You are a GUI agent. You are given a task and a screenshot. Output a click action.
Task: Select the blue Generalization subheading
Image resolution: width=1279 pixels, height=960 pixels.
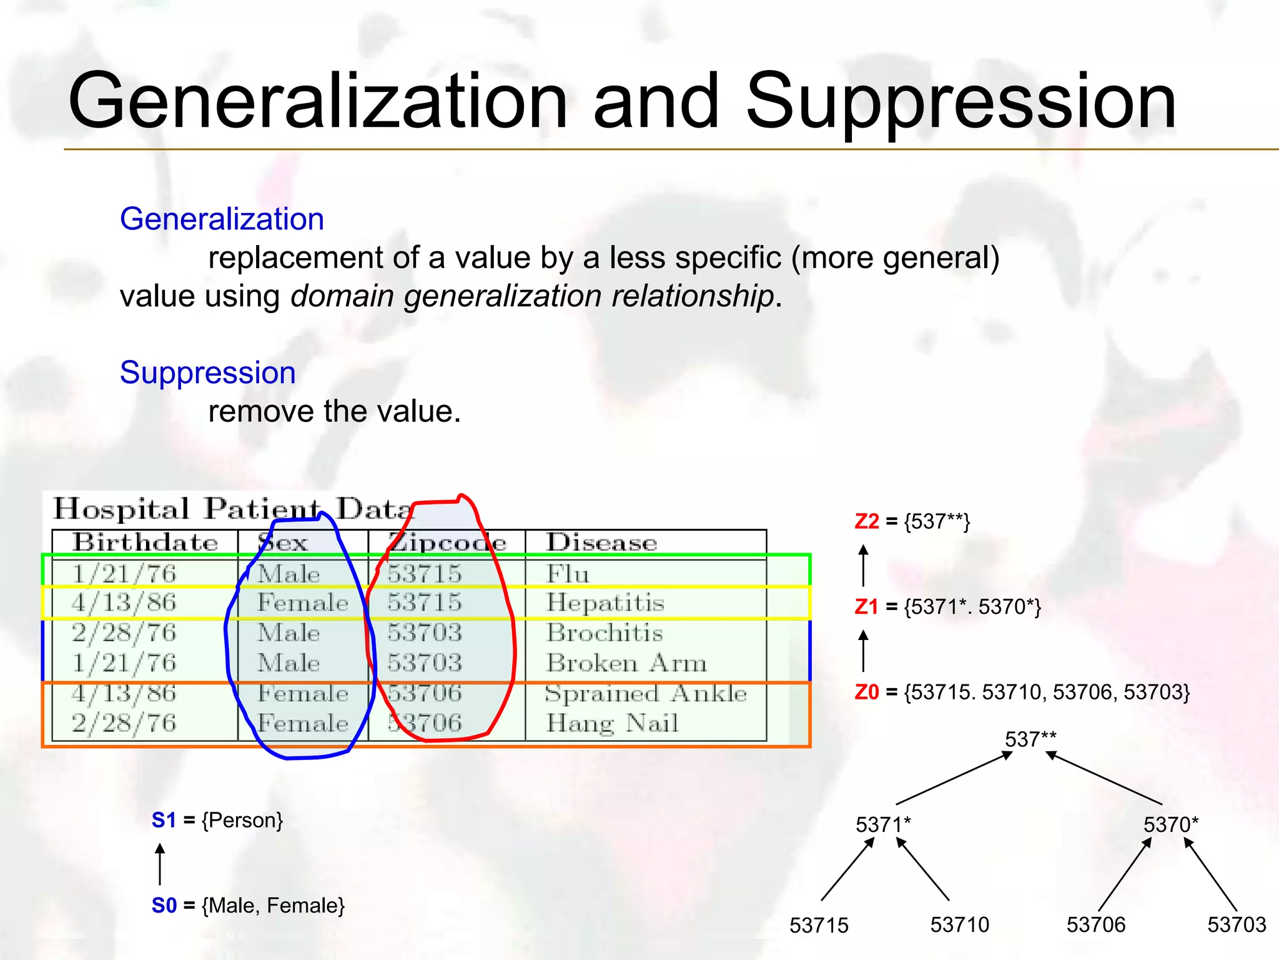click(222, 219)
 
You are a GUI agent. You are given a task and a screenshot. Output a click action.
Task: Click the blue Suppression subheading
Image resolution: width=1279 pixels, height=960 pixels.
click(207, 373)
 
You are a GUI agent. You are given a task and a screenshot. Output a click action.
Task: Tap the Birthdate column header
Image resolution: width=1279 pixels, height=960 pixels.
click(145, 542)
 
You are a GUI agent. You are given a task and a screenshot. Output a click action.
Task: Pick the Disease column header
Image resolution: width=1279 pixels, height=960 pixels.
click(601, 542)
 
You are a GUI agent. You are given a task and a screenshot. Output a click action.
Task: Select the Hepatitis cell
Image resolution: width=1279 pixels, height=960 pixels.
click(605, 602)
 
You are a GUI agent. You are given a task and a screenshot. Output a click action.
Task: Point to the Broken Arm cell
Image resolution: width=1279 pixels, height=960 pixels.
click(626, 663)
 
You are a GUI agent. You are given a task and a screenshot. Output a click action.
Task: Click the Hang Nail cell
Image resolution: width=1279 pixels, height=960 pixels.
click(611, 723)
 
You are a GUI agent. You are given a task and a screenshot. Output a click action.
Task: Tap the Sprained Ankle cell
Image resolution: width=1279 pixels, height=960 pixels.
click(645, 693)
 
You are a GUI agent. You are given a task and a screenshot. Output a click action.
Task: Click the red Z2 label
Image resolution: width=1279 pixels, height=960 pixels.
click(867, 521)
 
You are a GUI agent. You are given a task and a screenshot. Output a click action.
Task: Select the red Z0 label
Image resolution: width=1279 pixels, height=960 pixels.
click(867, 692)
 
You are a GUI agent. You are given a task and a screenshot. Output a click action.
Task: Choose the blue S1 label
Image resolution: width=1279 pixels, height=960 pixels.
click(164, 820)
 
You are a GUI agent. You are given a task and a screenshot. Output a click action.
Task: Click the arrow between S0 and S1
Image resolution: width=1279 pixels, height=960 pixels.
click(160, 864)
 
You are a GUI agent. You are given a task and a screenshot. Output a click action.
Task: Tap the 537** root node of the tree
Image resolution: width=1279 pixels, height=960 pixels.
click(1030, 739)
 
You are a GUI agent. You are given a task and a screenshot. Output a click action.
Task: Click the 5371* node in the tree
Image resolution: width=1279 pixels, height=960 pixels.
click(882, 825)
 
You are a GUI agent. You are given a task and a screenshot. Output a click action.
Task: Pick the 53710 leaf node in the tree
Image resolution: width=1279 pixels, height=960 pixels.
click(959, 924)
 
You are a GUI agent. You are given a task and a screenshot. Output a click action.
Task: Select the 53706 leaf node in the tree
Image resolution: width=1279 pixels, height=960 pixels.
click(1095, 924)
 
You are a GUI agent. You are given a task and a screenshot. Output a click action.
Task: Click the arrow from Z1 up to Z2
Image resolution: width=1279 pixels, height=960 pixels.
click(863, 565)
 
